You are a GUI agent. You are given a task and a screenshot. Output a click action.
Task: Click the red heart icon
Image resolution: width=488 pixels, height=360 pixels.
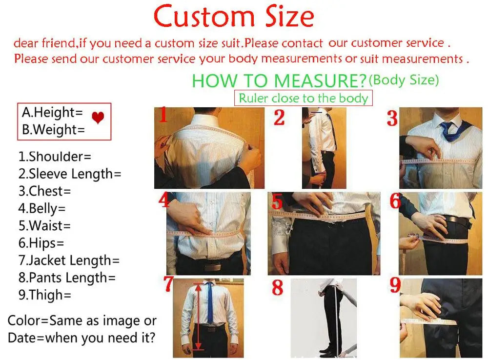(98, 118)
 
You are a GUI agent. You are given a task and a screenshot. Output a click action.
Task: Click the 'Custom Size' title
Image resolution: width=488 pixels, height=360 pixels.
(234, 17)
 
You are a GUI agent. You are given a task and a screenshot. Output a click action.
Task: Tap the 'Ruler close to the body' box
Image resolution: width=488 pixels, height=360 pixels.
(303, 98)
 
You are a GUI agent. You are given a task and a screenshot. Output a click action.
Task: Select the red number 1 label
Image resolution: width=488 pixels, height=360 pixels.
(163, 116)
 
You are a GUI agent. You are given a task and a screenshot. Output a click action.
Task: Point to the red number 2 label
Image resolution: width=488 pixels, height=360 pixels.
(279, 118)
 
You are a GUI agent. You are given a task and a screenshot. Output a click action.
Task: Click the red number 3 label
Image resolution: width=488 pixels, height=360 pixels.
(392, 119)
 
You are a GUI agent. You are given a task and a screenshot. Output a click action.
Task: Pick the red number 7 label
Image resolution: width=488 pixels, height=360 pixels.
(168, 284)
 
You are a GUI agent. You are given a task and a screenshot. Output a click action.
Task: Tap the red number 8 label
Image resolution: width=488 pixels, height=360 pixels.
(277, 287)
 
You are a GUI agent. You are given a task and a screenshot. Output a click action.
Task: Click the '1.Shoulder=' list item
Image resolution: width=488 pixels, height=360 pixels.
(55, 157)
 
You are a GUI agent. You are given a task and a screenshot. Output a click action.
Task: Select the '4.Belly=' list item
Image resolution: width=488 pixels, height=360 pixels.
(42, 208)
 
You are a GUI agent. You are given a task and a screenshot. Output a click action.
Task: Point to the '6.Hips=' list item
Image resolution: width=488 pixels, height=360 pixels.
(41, 242)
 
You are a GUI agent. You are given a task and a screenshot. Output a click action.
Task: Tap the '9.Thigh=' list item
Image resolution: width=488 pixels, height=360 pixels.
(45, 295)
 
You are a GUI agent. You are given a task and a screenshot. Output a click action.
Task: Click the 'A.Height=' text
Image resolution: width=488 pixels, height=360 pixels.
(52, 113)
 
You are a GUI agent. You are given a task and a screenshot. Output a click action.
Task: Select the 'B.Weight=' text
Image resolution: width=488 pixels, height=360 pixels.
(53, 130)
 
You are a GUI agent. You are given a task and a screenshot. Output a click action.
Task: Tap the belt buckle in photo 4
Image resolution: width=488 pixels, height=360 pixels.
(211, 266)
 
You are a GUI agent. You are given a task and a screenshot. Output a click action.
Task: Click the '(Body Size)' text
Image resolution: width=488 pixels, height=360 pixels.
(404, 80)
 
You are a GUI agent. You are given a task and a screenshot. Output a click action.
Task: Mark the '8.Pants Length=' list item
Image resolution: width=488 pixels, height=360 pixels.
(67, 278)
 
